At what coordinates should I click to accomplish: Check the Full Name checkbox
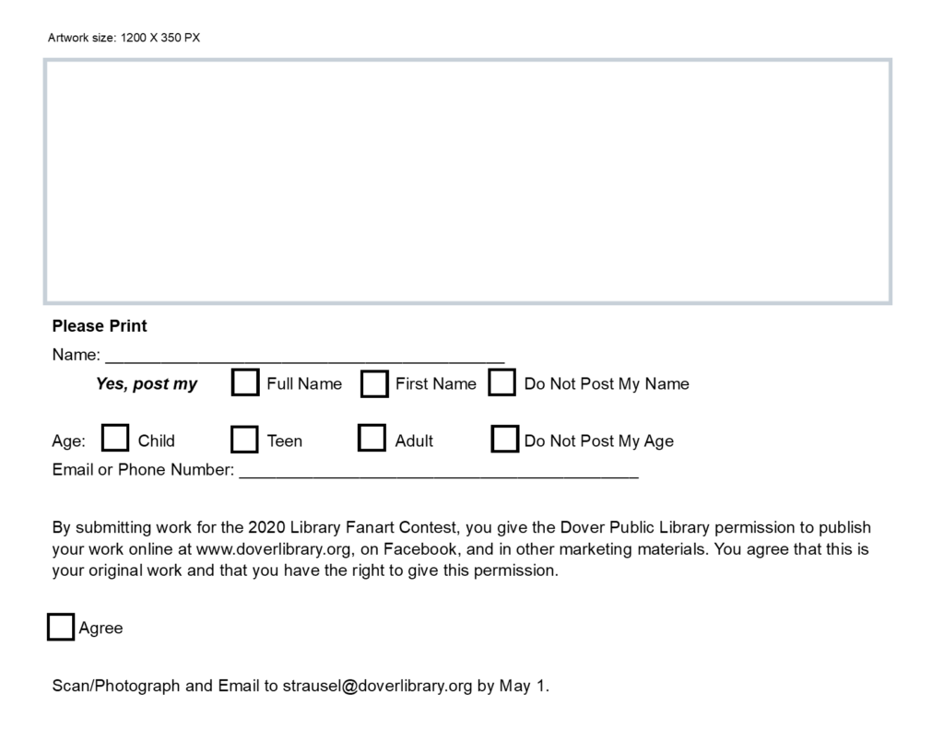tap(245, 382)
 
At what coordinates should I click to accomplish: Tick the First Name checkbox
tap(374, 383)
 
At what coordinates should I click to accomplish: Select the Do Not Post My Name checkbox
tap(501, 382)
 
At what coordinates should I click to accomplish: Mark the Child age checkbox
tap(115, 439)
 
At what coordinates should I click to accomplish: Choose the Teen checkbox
tap(244, 440)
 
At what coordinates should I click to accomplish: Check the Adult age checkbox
tap(372, 438)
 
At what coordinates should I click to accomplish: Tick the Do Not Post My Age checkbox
tap(504, 440)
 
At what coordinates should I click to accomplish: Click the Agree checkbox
tap(61, 627)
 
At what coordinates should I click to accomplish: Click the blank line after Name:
tap(304, 358)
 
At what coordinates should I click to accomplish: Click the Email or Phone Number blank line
tap(438, 473)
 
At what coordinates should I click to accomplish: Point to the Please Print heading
tap(100, 326)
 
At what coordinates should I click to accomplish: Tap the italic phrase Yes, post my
tap(147, 384)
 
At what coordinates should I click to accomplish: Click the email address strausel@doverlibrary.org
tap(377, 686)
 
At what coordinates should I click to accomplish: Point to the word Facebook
tap(419, 549)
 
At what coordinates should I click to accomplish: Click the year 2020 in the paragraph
tap(266, 528)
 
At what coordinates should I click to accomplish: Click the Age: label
tap(68, 441)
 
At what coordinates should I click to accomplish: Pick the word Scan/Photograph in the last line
tap(116, 686)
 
